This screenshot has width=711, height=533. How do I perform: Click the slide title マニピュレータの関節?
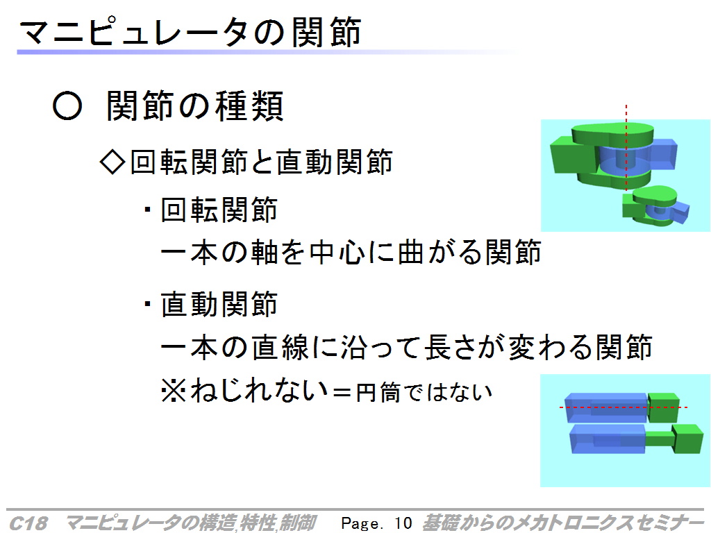190,32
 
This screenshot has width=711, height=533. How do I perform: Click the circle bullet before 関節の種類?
67,106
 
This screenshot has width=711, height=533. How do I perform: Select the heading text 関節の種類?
195,106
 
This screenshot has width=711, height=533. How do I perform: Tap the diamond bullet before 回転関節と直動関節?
112,162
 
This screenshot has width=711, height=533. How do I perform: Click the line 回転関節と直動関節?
261,162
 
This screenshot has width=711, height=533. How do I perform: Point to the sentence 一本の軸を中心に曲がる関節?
351,252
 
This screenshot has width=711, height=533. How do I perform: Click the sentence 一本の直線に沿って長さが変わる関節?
407,347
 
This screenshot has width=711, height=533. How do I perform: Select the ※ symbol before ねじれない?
173,391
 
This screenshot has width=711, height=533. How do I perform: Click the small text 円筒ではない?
424,392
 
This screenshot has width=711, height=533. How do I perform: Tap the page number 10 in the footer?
403,523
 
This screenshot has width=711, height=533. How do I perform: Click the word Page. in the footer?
362,523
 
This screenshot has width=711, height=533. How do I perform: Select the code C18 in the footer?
28,523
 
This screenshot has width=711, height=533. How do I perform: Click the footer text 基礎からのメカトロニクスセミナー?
562,523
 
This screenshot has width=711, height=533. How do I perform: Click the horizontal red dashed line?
624,407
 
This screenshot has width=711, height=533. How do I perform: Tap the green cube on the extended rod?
687,438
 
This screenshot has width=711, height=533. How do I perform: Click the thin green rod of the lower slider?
659,439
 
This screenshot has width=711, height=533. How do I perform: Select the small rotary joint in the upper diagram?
655,207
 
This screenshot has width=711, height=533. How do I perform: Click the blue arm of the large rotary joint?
662,153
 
